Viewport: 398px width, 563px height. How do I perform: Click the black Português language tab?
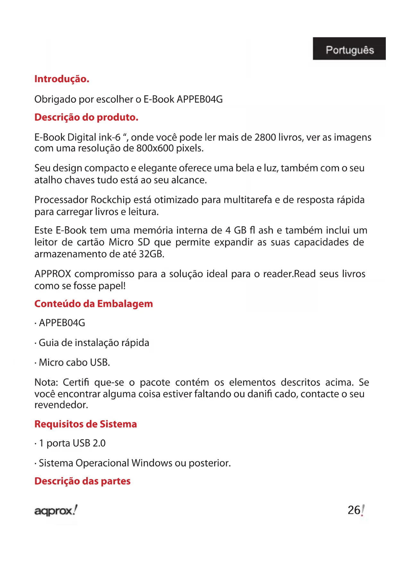coord(349,49)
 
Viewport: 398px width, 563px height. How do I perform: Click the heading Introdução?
coord(62,79)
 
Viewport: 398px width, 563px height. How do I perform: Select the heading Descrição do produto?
coord(86,117)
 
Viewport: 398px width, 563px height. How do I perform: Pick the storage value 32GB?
coord(151,254)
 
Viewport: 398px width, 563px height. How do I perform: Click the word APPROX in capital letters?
coord(53,274)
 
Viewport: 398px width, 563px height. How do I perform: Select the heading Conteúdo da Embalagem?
coord(93,304)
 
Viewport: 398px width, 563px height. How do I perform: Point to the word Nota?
coord(46,383)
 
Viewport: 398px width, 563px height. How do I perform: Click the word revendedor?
coord(61,405)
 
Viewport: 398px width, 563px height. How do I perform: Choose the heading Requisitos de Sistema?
coord(85,424)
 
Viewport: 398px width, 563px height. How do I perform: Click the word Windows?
coord(152,463)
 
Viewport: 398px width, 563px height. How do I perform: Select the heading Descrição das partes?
coord(82,481)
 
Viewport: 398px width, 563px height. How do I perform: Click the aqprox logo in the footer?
coord(56,510)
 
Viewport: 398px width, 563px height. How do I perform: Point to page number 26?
coord(354,510)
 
